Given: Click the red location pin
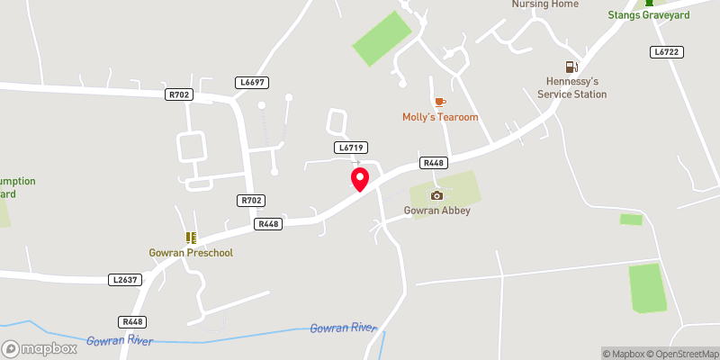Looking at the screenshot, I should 360,178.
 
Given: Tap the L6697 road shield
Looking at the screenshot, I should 253,82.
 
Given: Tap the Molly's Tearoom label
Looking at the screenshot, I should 439,118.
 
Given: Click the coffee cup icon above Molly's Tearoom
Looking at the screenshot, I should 439,103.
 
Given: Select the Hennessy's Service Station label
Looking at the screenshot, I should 571,87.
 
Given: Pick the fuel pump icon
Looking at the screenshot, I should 571,67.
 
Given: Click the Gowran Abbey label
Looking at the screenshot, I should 436,211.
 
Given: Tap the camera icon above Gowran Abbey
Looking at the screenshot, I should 436,195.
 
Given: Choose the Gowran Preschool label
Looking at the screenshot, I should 191,253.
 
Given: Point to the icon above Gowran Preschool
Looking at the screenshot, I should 191,238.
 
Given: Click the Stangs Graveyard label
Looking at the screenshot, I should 648,15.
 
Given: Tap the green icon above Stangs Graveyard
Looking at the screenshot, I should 648,3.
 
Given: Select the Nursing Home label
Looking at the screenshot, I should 544,4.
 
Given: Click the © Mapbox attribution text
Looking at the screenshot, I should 624,354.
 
